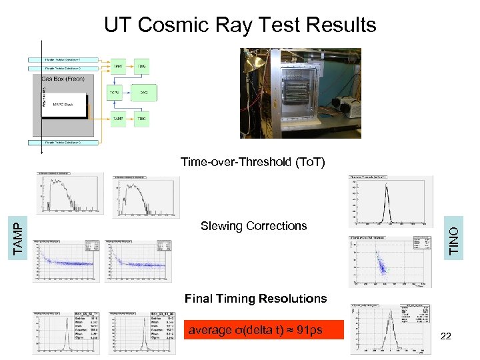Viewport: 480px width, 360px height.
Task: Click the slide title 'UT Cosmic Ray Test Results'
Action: click(x=240, y=25)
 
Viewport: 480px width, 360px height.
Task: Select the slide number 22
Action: click(x=446, y=336)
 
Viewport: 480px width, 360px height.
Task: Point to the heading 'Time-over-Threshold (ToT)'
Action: click(x=253, y=161)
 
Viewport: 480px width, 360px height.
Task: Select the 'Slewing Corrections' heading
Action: click(x=253, y=226)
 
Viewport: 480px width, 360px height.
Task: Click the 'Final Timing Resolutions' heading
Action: click(x=255, y=298)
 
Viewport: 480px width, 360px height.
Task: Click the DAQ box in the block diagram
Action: click(x=141, y=93)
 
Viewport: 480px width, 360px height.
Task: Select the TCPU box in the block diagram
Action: click(x=115, y=93)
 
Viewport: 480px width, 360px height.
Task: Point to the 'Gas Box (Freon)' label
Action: click(x=61, y=79)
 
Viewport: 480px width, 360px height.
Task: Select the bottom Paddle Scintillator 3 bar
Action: click(x=63, y=142)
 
